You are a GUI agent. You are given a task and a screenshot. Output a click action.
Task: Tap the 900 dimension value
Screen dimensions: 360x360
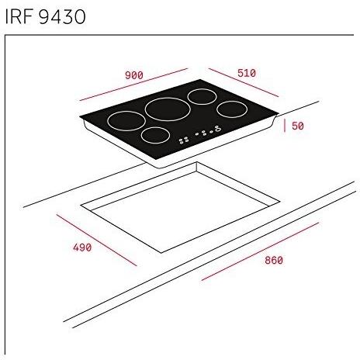133,75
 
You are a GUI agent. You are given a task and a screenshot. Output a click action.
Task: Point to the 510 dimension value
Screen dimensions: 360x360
245,73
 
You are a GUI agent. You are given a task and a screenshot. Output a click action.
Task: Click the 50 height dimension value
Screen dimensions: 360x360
297,126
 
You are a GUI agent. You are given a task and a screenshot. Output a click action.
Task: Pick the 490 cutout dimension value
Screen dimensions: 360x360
81,248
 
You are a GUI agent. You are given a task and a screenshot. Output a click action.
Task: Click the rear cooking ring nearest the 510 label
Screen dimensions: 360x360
202,97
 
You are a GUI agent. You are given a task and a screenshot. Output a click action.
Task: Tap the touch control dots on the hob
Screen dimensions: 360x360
200,134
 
